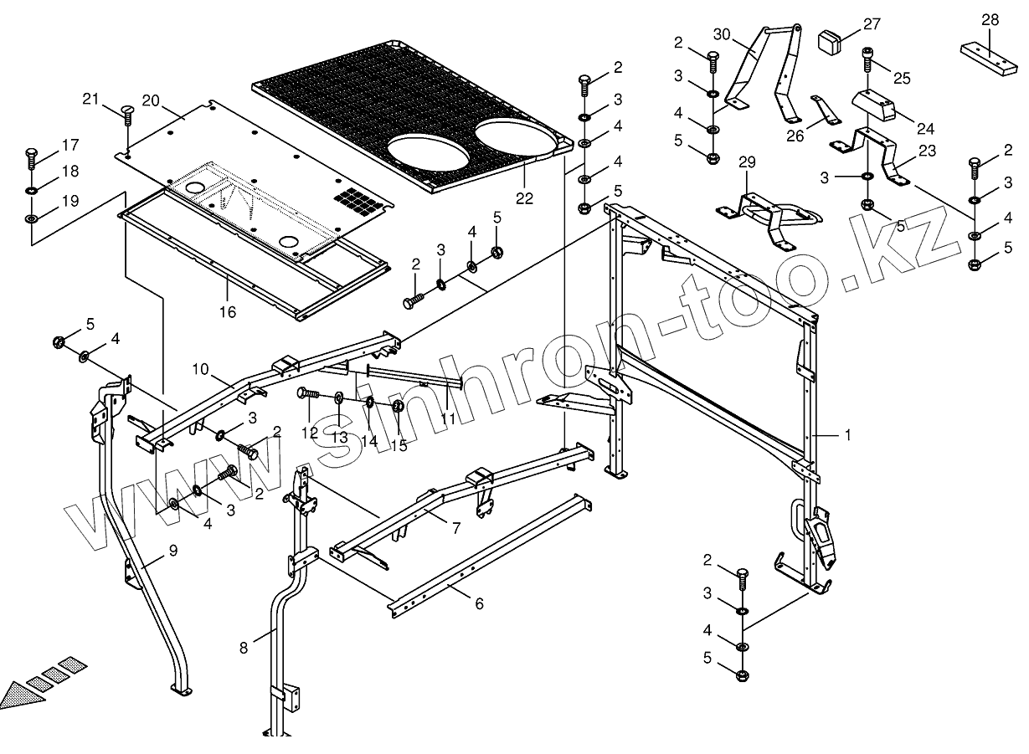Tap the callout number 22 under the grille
[524, 197]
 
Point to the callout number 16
[228, 312]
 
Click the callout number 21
[90, 100]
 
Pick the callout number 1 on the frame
[847, 435]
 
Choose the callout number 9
[172, 550]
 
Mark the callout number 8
[244, 646]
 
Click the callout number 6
[479, 603]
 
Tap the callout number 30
[722, 34]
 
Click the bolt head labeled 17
[31, 154]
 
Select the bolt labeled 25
[868, 59]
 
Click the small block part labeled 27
[829, 40]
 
